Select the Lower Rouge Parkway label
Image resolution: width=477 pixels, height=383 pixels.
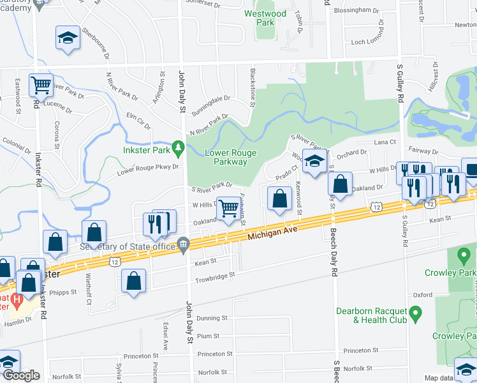[226, 157]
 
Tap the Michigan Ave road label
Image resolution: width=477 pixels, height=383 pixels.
[273, 236]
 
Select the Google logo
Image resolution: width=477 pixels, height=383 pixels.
[20, 375]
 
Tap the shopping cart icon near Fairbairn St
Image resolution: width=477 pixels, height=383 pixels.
[228, 207]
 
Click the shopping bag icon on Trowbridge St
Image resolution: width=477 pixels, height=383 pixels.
[133, 281]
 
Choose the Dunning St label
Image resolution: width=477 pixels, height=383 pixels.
[212, 318]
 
